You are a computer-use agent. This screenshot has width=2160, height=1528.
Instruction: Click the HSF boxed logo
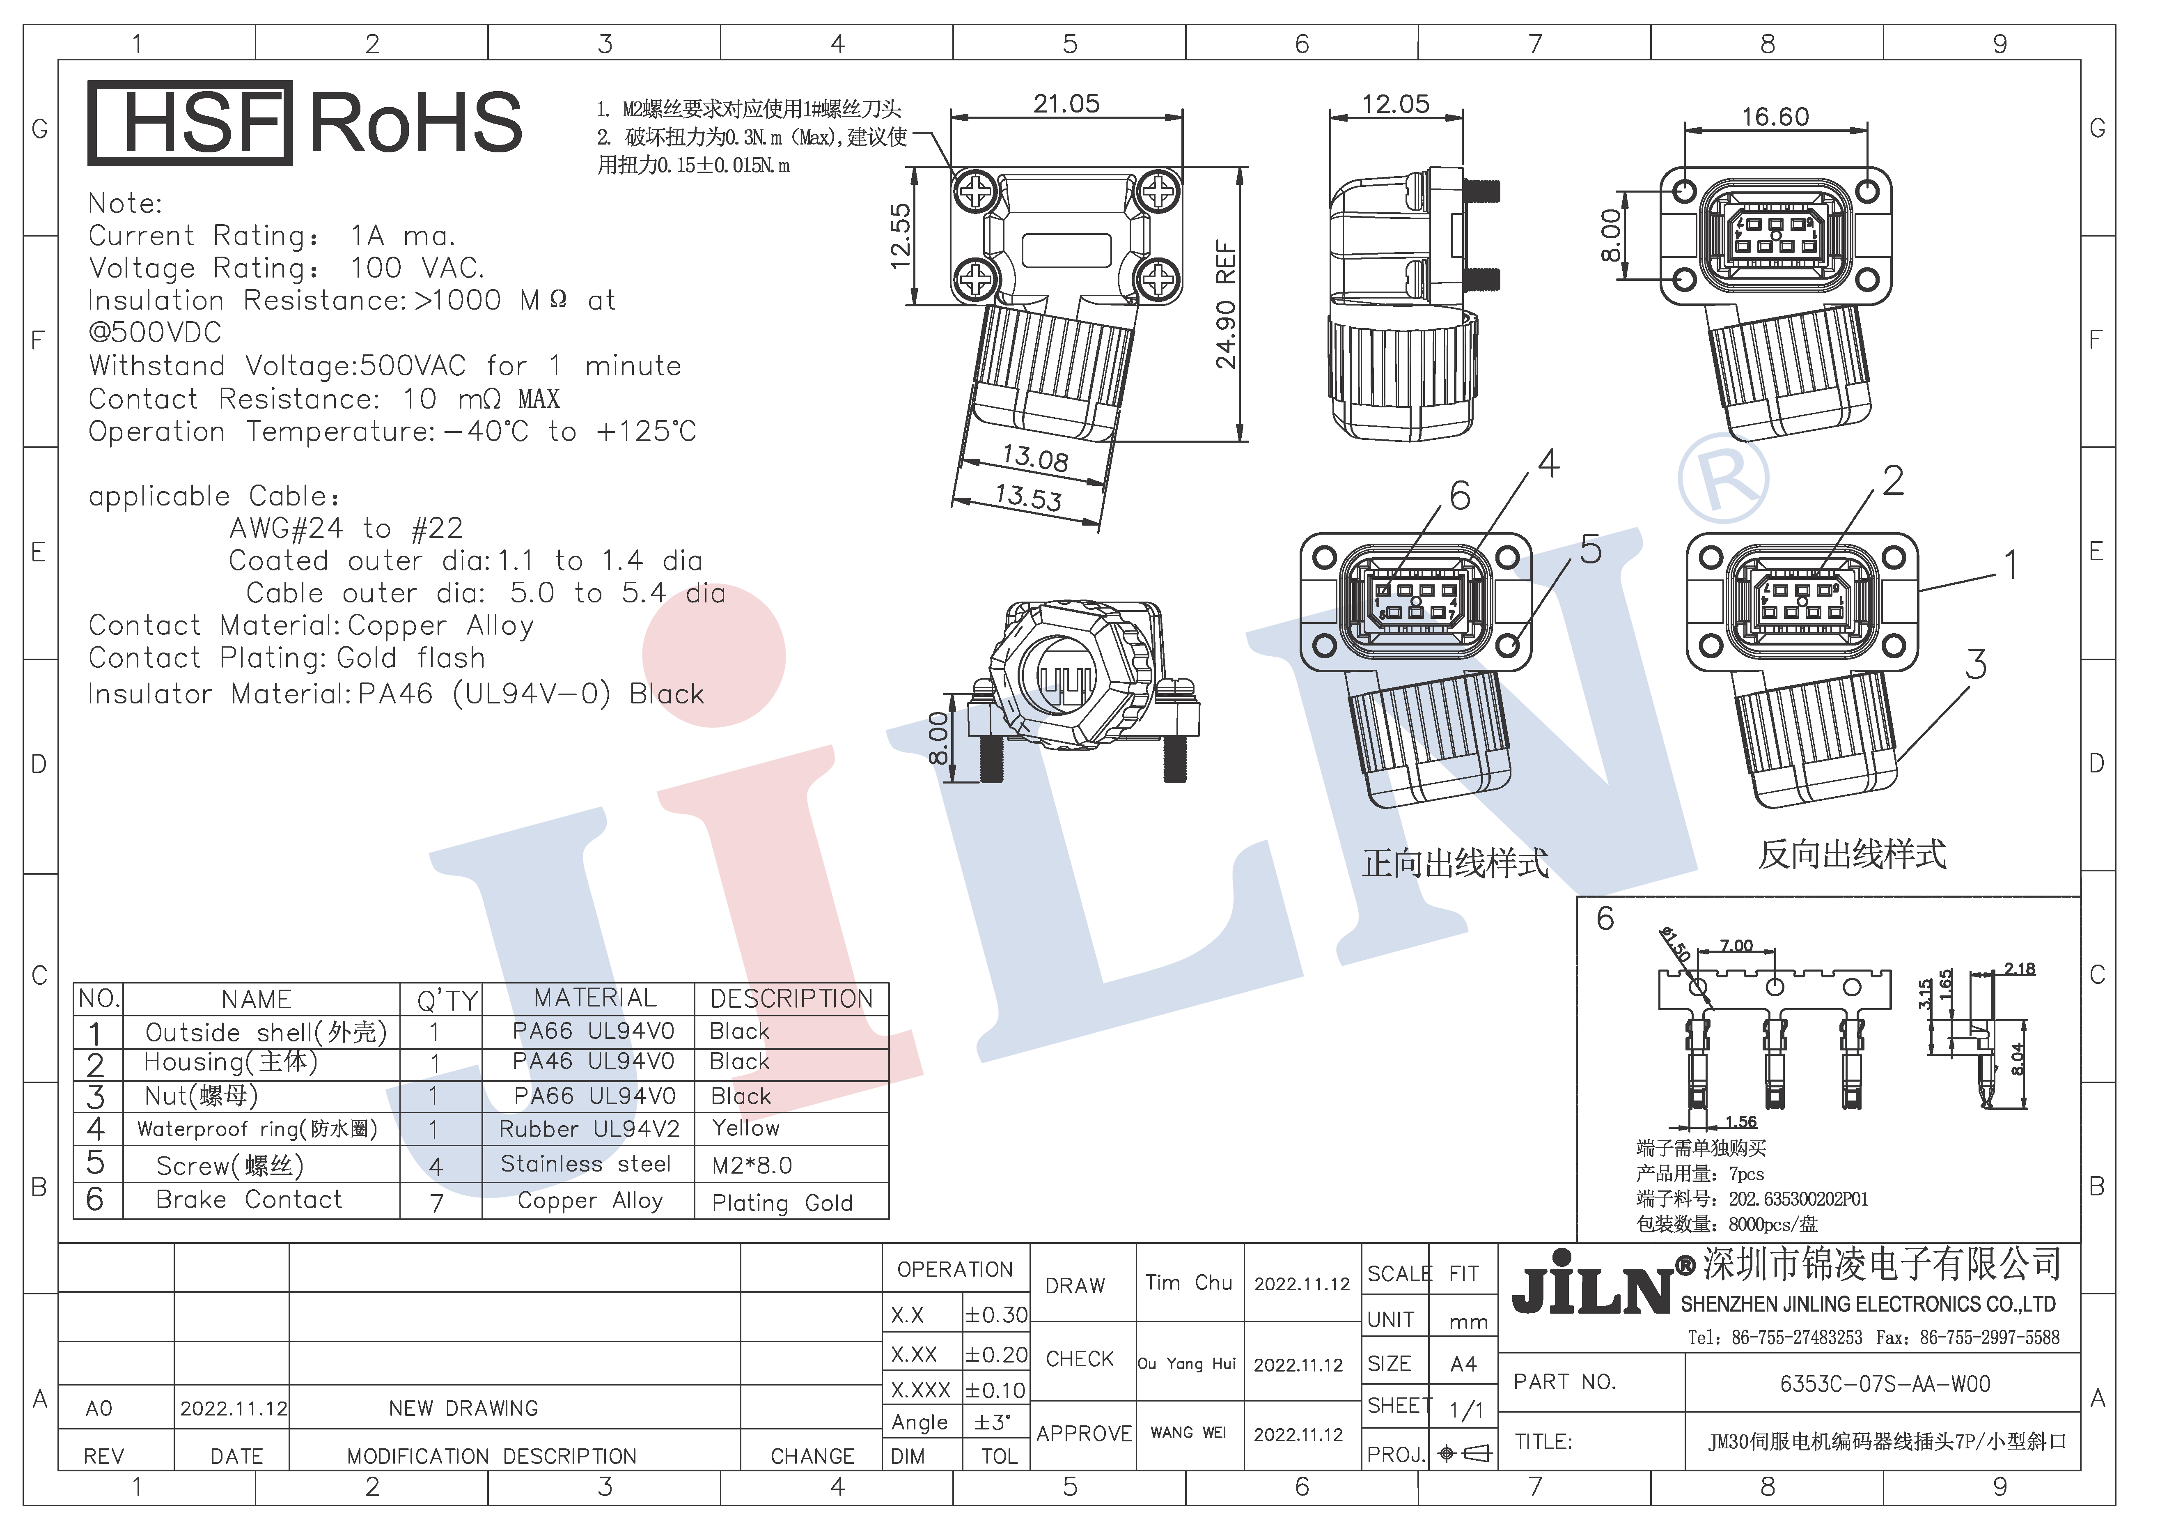(190, 123)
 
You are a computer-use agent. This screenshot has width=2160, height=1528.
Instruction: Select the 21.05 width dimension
(1066, 103)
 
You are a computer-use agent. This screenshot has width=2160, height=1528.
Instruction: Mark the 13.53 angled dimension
(1028, 497)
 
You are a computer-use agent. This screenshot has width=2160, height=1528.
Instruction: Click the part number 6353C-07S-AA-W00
(1885, 1384)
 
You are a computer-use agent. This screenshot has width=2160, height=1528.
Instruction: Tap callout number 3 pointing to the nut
(1976, 664)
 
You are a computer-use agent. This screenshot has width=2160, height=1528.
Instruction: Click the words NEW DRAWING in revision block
(464, 1409)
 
